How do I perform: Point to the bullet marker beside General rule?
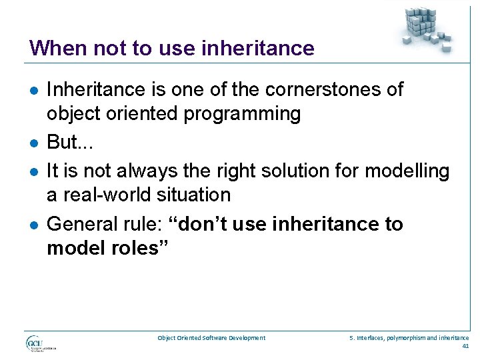click(x=33, y=225)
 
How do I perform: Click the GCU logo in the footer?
click(x=40, y=343)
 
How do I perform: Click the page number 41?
click(x=465, y=346)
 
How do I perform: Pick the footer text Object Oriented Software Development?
click(x=211, y=338)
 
